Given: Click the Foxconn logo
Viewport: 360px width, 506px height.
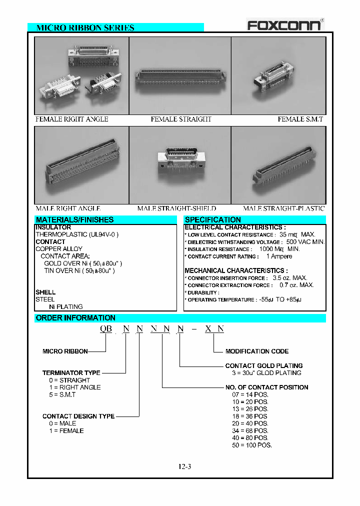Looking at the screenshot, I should [x=285, y=24].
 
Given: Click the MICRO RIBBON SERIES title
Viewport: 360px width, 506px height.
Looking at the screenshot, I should [x=85, y=28].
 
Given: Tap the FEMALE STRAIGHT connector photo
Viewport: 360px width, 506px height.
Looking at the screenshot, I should [x=180, y=76].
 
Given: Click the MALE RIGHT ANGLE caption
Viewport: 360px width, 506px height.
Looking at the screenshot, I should [x=67, y=208].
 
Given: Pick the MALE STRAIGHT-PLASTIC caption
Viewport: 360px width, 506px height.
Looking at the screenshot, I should [x=283, y=208].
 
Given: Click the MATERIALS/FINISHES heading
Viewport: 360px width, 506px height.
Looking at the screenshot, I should [x=74, y=219].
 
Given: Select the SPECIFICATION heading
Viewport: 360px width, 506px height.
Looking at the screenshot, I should [x=212, y=219].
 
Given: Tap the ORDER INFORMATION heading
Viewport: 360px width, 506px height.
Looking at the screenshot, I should [x=75, y=318].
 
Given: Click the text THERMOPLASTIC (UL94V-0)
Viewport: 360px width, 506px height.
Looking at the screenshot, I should [x=77, y=234].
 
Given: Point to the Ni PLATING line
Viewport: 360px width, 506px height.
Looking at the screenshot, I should [x=65, y=306].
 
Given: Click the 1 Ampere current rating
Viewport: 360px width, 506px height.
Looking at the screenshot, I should [x=279, y=256].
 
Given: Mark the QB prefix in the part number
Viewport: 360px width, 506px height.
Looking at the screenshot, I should [x=105, y=328].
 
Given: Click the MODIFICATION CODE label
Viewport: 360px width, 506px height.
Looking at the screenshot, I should [x=256, y=351].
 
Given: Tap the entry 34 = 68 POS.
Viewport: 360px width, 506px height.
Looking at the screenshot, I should [x=250, y=430].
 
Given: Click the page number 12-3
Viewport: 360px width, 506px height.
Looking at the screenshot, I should [x=184, y=466].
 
